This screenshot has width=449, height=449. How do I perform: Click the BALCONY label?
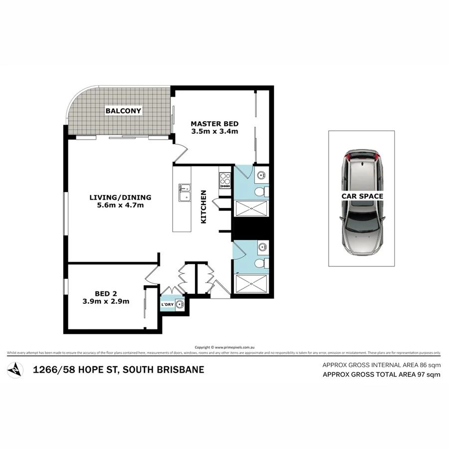coord(123,110)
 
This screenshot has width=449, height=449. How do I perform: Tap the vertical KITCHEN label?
coord(204,207)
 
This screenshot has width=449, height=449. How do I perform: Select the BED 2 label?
coord(106,293)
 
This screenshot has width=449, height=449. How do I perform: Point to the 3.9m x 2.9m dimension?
coord(106,301)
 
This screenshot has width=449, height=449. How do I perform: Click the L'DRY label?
coord(167,304)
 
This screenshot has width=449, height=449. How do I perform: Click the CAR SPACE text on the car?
coord(362,196)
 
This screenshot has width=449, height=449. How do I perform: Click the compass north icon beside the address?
coord(17,370)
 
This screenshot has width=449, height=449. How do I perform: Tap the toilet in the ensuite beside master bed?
coord(260,192)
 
